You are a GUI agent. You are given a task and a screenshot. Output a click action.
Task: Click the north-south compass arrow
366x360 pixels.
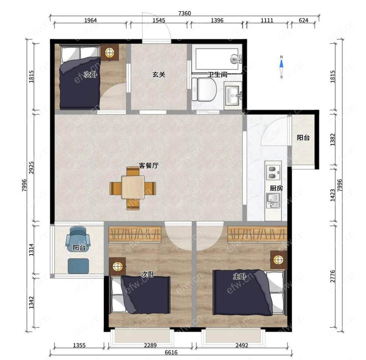(x=281, y=67)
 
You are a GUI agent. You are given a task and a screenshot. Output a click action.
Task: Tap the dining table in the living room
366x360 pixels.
(x=133, y=188)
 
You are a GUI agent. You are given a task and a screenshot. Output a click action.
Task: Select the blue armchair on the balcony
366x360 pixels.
(x=78, y=239)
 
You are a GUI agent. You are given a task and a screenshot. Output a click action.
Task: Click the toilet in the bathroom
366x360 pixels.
(x=204, y=89)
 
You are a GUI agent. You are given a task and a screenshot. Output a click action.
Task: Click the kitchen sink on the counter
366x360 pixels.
(x=273, y=201)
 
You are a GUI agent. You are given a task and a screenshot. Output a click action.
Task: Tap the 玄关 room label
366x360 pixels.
(x=159, y=74)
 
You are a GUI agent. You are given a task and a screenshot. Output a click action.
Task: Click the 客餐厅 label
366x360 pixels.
(x=149, y=166)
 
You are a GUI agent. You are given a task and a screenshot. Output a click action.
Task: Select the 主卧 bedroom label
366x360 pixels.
(x=239, y=277)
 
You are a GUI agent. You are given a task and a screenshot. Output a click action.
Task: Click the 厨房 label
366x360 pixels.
(x=276, y=188)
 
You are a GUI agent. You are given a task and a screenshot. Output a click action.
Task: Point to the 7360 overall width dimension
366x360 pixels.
(x=184, y=13)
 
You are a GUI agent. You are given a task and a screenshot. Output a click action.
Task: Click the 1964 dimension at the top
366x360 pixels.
(x=90, y=20)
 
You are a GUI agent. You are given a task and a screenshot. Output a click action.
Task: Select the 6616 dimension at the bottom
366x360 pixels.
(x=171, y=352)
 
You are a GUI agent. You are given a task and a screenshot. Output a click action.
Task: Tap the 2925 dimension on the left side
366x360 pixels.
(x=31, y=167)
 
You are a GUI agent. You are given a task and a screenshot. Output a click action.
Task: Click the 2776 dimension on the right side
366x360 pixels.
(x=333, y=276)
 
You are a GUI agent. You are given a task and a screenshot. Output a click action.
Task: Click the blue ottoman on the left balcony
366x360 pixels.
(x=78, y=266)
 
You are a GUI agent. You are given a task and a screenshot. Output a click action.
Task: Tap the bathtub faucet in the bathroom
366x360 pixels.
(x=236, y=58)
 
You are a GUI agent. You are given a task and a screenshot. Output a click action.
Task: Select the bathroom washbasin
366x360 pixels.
(x=232, y=95)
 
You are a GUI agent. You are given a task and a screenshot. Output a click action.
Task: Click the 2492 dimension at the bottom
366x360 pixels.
(x=242, y=345)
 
